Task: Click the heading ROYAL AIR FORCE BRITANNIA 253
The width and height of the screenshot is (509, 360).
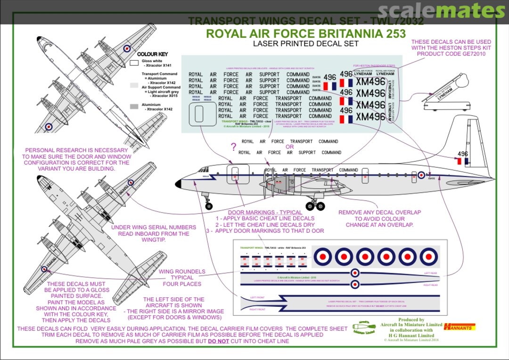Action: point(306,34)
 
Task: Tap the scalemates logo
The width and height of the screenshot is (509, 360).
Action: point(441,11)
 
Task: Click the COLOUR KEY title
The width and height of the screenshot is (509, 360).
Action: point(152,54)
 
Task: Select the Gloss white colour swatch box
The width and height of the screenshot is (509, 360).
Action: point(134,62)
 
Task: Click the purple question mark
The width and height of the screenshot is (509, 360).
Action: point(232,147)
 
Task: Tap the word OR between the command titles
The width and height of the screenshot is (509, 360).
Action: point(290,147)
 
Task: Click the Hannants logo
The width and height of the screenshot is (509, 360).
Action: point(460,326)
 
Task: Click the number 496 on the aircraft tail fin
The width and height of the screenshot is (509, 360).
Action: point(463,154)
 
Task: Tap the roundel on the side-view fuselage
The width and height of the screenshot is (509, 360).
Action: point(421,175)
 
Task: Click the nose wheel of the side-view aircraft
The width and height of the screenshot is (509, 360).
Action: point(209,206)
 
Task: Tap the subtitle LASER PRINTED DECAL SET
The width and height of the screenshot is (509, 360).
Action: point(305,44)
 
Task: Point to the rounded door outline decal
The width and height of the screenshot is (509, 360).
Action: point(199,114)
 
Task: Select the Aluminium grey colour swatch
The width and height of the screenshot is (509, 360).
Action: point(134,107)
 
